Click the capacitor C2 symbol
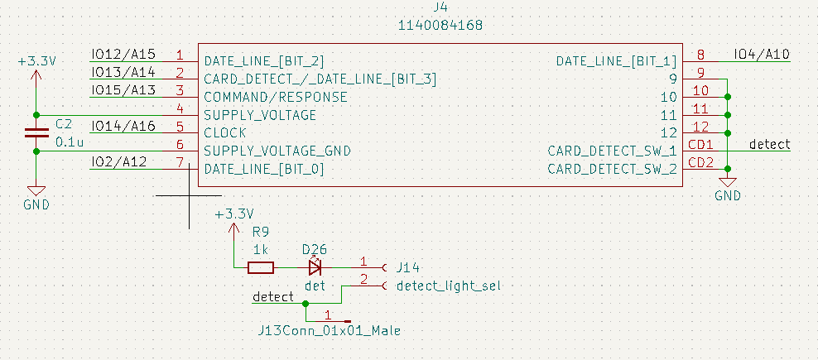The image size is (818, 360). point(36,132)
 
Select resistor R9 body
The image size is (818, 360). point(261,267)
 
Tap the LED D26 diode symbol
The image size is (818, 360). point(315,267)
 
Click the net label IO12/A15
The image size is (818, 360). point(123,55)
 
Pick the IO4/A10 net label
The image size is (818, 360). point(762,55)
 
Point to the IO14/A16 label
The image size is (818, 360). point(123,126)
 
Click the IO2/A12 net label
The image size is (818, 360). point(119,161)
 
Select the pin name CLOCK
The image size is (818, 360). point(225,132)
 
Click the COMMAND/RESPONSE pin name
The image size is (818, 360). point(276,97)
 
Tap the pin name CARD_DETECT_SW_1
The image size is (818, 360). point(612,151)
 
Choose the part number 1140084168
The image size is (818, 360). point(440,26)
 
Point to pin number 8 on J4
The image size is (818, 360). point(700,55)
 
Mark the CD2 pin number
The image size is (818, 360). point(700,162)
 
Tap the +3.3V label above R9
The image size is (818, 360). point(233,214)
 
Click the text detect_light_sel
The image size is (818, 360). point(449,286)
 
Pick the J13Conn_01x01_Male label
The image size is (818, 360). point(330,331)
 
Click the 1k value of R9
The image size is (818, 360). point(261,248)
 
